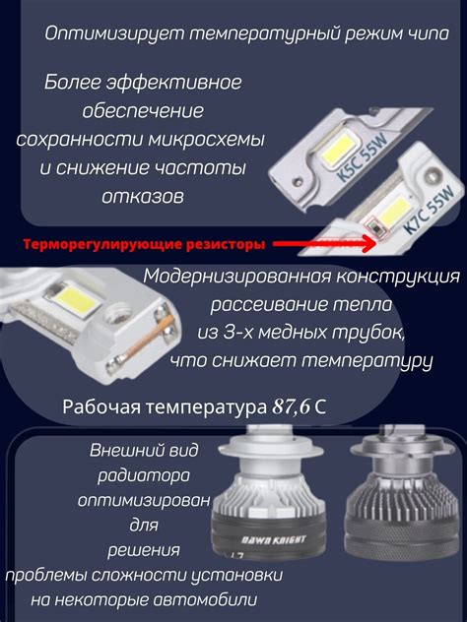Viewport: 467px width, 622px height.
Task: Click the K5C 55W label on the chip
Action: pos(363,157)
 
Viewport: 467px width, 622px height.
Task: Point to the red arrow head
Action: pos(367,243)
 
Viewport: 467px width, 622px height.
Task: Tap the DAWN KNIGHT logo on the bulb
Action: pos(275,540)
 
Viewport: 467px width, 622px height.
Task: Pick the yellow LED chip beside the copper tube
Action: pos(76,298)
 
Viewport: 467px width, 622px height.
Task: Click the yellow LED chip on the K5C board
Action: pos(336,151)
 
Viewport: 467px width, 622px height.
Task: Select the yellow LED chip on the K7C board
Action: pos(395,210)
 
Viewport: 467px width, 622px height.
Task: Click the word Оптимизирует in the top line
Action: pos(114,34)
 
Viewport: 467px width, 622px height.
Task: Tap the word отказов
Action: pos(143,197)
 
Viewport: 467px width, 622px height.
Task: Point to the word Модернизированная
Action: pos(236,277)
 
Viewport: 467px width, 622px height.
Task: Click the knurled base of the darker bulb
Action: pos(401,532)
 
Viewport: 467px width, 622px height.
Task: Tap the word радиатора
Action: pos(144,476)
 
